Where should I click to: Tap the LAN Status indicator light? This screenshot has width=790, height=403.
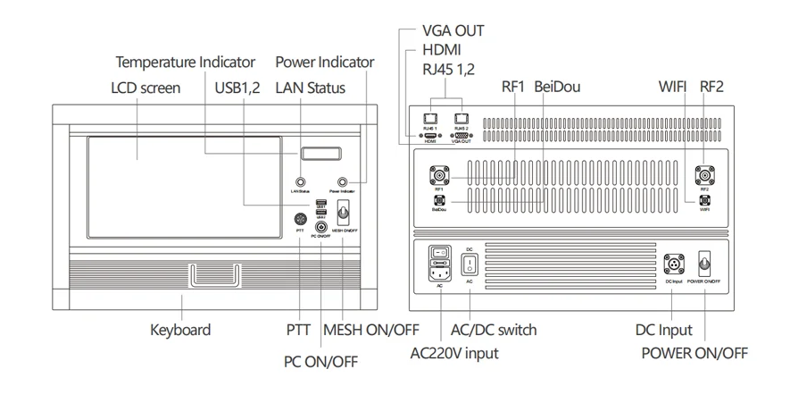tap(301, 182)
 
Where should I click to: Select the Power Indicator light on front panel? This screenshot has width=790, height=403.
tap(342, 181)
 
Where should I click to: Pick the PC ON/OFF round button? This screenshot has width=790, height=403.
tap(320, 227)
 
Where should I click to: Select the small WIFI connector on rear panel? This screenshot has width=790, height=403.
tap(704, 200)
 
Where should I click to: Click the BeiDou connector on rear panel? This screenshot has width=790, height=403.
tap(438, 201)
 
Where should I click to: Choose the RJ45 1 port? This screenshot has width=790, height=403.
tap(429, 119)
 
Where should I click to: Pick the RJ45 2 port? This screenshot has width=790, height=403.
tap(461, 119)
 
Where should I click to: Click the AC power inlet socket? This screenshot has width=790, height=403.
tap(438, 265)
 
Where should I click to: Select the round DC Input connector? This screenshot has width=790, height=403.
tap(674, 264)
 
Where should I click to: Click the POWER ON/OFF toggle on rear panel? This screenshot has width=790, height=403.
tap(703, 264)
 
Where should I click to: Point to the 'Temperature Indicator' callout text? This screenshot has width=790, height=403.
tap(185, 63)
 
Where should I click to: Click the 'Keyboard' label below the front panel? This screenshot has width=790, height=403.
tap(180, 330)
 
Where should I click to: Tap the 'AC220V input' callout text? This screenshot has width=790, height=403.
tap(453, 353)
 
